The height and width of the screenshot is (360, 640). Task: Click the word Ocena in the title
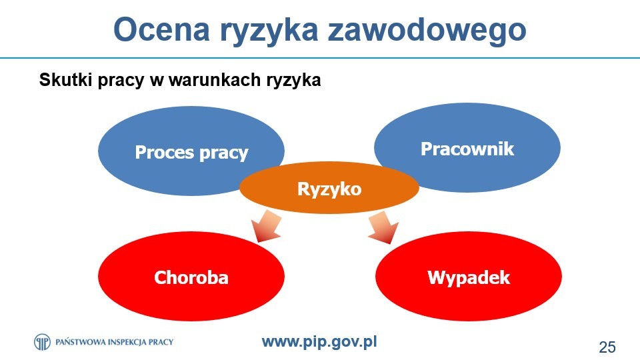click(161, 29)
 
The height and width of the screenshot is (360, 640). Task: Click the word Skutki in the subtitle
click(66, 79)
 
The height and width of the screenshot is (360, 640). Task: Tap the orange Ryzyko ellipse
click(329, 188)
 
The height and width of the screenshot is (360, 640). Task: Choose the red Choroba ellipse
click(191, 277)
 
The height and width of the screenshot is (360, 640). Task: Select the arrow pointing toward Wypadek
click(384, 227)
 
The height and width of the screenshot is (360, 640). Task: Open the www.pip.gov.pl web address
click(319, 342)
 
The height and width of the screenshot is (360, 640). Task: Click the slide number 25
click(607, 347)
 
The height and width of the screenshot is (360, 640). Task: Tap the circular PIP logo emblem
click(42, 341)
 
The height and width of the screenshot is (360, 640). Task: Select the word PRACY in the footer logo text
click(161, 342)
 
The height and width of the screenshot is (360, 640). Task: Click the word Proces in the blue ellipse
click(165, 152)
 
